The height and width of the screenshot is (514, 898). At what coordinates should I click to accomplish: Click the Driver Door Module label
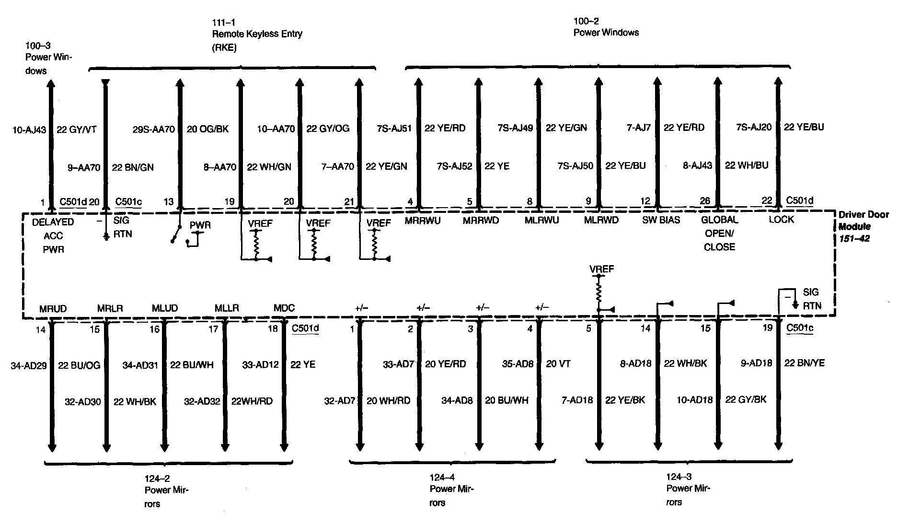(863, 226)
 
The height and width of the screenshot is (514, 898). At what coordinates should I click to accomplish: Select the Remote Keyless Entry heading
(257, 35)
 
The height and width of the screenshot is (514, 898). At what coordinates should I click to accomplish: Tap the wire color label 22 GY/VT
(77, 129)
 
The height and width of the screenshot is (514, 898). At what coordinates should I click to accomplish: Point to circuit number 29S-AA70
(154, 128)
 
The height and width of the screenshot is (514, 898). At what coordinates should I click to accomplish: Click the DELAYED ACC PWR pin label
(53, 235)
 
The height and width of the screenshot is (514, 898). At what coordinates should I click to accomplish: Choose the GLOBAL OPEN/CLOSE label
(719, 233)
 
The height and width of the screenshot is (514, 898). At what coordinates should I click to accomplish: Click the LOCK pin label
(781, 220)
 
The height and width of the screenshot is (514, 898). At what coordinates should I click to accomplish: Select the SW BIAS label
(661, 220)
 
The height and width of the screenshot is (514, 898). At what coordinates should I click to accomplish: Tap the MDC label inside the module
(284, 308)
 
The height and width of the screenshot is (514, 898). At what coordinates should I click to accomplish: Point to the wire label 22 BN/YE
(805, 363)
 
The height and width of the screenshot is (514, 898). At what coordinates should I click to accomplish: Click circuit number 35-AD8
(518, 364)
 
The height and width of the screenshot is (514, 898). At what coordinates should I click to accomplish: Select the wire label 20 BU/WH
(507, 400)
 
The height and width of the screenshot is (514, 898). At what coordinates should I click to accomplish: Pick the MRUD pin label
(53, 308)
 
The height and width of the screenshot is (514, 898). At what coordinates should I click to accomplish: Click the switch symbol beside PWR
(176, 233)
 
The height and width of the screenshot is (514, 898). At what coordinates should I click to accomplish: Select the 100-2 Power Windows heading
(606, 27)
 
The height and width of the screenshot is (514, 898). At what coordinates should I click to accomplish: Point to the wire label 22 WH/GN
(269, 167)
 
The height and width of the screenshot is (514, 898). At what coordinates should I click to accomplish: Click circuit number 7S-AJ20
(754, 127)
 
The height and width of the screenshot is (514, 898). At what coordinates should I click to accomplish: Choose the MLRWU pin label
(541, 220)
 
